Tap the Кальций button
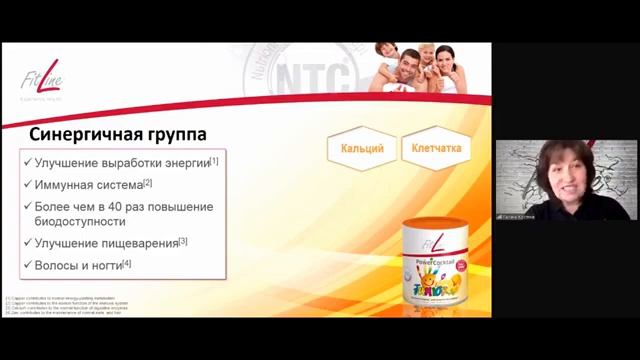(362, 149)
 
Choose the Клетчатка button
(437, 149)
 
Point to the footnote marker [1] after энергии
(214, 160)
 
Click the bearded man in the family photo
(404, 67)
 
